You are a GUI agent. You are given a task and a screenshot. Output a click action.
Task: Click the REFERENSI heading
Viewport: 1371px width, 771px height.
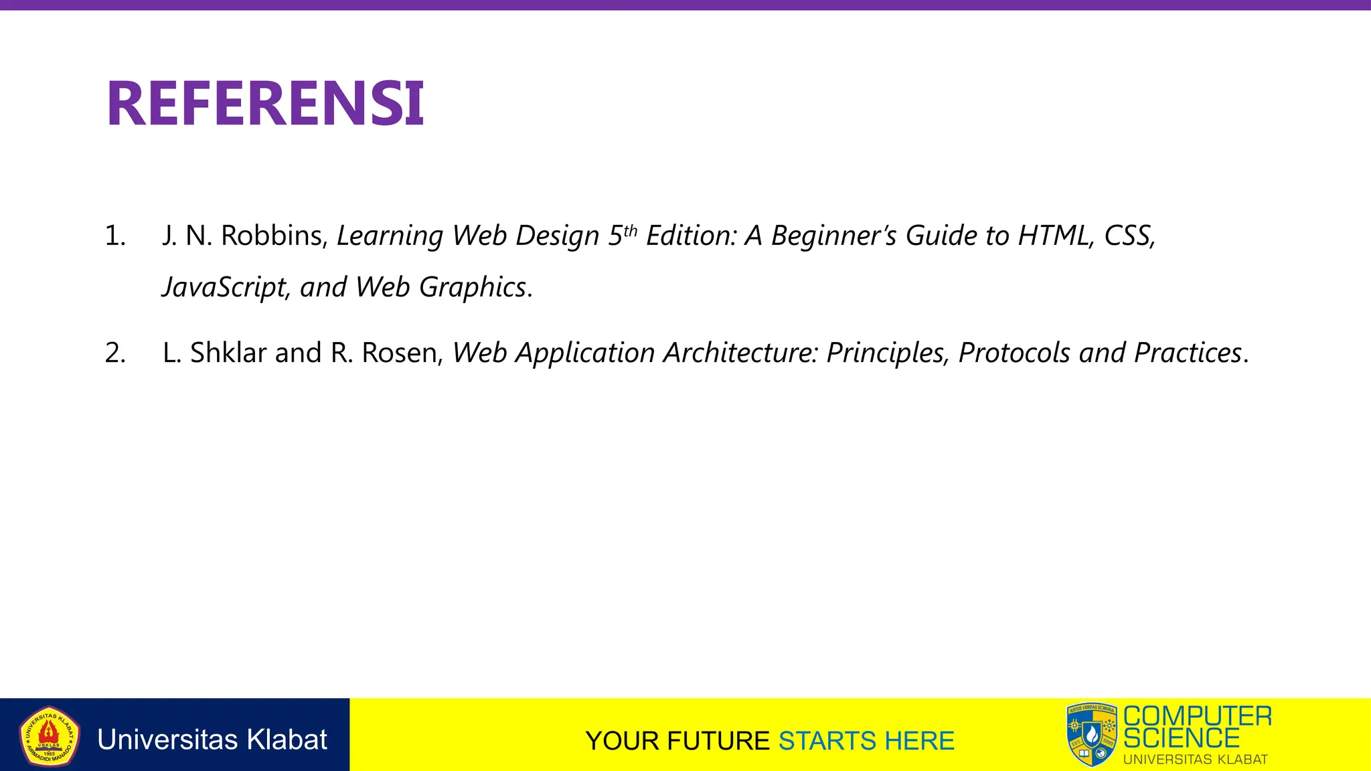(265, 103)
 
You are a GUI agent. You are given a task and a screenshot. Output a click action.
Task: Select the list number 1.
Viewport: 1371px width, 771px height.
(114, 236)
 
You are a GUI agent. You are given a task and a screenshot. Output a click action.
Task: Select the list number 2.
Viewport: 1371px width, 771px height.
(115, 353)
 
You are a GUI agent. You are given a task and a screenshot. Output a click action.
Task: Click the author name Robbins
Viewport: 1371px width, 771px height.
(272, 236)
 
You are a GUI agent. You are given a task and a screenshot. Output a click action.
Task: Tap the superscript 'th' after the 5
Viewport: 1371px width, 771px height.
(630, 231)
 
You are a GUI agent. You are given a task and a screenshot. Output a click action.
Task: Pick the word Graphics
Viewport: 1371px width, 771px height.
(473, 288)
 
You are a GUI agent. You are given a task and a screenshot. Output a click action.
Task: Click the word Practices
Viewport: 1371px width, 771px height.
(1188, 353)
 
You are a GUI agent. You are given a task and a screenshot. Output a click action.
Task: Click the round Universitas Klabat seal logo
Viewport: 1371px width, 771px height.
(49, 736)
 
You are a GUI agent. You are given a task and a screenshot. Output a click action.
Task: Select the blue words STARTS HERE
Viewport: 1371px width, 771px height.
(866, 742)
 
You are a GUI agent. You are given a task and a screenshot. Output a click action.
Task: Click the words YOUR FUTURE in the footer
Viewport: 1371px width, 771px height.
(677, 742)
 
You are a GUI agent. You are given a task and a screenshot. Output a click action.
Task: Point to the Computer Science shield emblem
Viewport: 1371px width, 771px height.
(1092, 735)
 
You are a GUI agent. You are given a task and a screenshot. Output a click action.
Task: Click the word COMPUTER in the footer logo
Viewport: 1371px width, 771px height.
(1198, 716)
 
